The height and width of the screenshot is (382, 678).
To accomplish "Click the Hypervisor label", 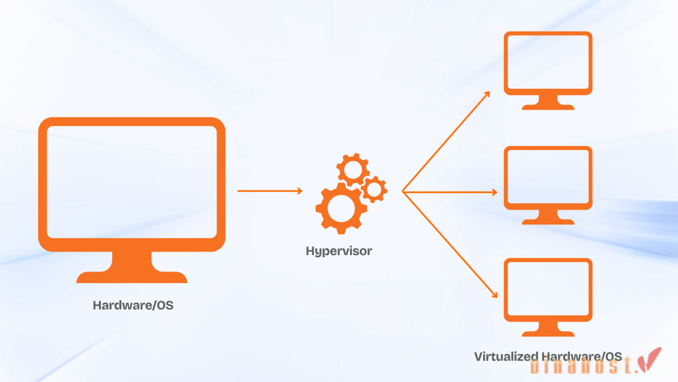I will pos(339,251).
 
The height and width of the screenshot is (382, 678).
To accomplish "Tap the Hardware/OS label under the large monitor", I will pos(133,306).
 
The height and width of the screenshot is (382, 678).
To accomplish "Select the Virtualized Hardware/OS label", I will pos(547,357).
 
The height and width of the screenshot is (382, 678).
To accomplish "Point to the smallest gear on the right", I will pos(374,190).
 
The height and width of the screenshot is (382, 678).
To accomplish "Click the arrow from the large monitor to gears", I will pos(269,191).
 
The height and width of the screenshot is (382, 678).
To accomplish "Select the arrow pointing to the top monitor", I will pos(446,141).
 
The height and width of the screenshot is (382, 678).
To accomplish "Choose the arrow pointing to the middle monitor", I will pos(450,192).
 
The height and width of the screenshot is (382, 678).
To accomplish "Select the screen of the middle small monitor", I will pos(548,177).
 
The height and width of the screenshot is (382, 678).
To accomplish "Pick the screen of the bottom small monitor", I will pos(548,290).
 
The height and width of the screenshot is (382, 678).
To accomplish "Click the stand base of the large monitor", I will pos(132,277).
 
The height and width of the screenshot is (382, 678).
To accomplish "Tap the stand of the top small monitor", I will pos(548,103).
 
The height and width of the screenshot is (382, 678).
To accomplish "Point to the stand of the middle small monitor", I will pos(548,218).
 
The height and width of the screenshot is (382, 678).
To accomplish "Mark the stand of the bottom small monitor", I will pos(548,330).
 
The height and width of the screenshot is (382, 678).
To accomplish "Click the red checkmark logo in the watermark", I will pos(651,361).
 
